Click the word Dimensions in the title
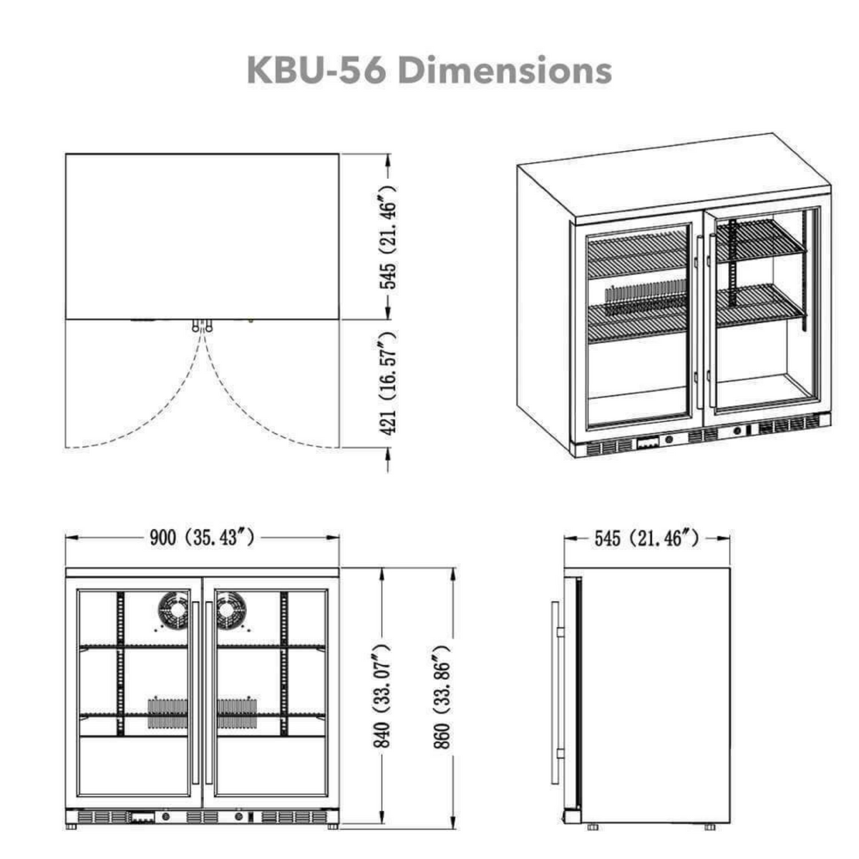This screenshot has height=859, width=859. [x=504, y=70]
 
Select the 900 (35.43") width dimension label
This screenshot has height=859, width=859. [x=202, y=538]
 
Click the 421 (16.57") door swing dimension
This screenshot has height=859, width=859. [x=388, y=383]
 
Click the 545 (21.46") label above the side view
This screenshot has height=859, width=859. [x=646, y=538]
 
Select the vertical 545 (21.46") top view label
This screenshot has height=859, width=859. [x=388, y=236]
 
